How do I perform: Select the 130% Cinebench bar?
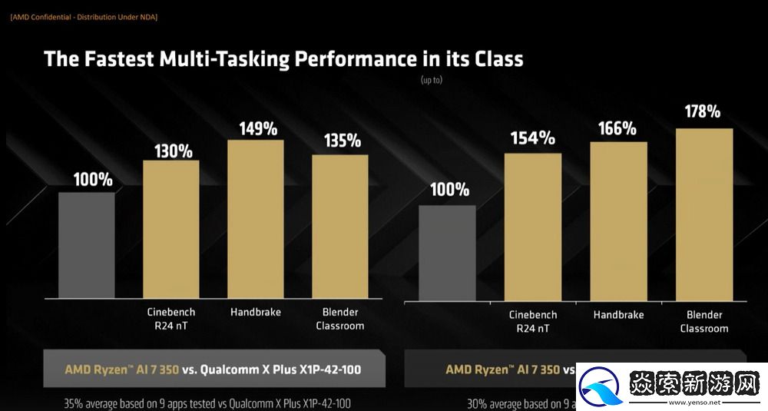[x=171, y=229]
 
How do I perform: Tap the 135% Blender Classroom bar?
[x=340, y=227]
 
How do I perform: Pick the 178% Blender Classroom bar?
[x=704, y=214]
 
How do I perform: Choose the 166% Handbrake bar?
[x=618, y=221]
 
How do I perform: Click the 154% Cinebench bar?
[x=533, y=227]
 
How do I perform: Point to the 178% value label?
[x=703, y=112]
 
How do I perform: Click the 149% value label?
[x=258, y=128]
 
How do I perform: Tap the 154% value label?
[x=534, y=138]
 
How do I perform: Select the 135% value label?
[x=342, y=141]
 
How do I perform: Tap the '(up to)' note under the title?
[x=431, y=79]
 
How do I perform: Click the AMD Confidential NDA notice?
[x=84, y=17]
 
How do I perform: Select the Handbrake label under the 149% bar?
[x=256, y=312]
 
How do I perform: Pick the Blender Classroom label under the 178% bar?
[x=703, y=322]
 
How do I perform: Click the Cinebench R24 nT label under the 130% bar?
[x=170, y=319]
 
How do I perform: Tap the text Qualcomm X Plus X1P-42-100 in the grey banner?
[x=280, y=370]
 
